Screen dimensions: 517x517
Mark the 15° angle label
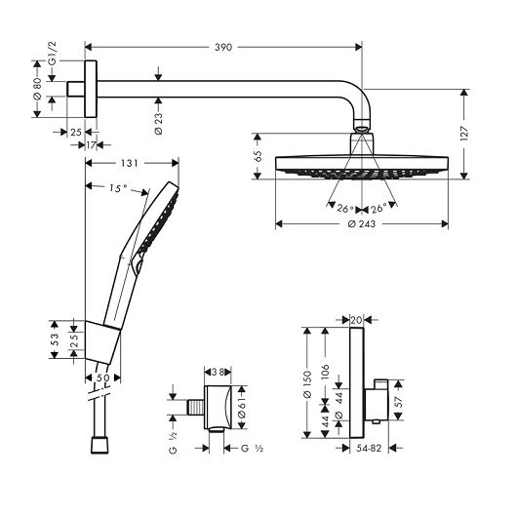coord(119,188)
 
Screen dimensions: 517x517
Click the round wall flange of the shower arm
coord(92,91)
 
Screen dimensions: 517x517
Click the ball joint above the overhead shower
coord(362,127)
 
